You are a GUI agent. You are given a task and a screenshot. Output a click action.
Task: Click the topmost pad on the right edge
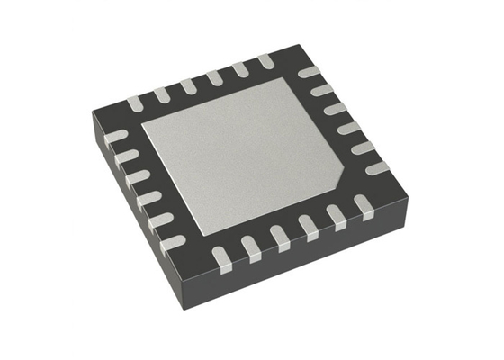pyautogui.click(x=308, y=72)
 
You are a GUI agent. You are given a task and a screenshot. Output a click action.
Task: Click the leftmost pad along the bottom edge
pyautogui.click(x=221, y=259)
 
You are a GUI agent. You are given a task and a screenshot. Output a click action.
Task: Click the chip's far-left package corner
pyautogui.click(x=90, y=115)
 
